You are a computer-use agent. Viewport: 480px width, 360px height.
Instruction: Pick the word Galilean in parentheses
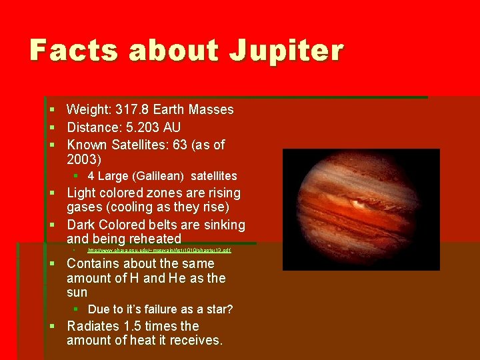point(160,176)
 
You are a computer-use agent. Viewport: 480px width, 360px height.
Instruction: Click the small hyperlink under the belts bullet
point(159,251)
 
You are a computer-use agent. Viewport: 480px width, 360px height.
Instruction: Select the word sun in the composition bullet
point(77,293)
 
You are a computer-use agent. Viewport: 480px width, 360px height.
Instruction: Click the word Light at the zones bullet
point(81,193)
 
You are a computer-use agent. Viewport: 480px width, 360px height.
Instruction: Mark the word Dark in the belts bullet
point(81,225)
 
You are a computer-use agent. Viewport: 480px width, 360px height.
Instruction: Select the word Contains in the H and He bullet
point(93,264)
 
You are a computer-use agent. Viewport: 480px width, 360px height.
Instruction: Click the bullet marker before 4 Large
point(77,176)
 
